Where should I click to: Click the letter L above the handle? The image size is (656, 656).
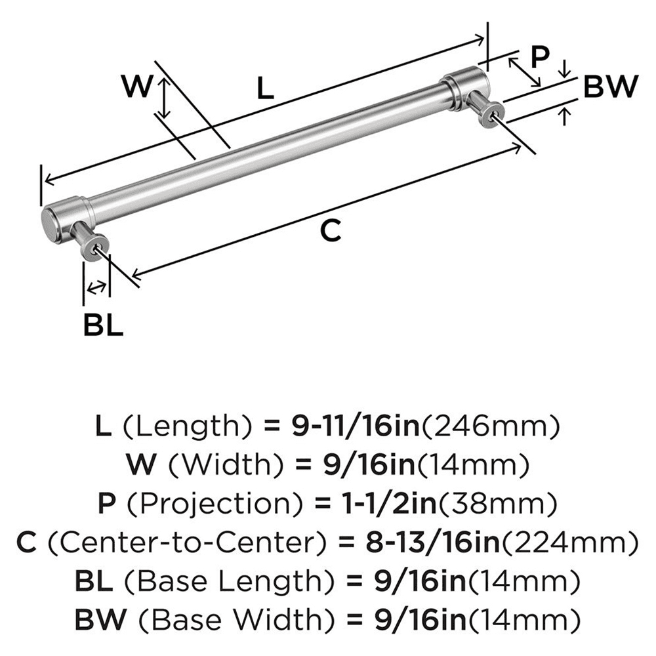click(264, 87)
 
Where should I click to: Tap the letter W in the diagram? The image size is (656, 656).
click(138, 86)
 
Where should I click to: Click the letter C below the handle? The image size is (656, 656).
click(332, 230)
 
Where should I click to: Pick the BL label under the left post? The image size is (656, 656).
click(103, 325)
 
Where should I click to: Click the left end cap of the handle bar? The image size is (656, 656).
click(51, 224)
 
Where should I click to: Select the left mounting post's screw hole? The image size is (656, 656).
click(98, 247)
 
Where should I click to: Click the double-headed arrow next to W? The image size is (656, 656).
click(165, 96)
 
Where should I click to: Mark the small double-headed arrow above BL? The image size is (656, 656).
click(96, 286)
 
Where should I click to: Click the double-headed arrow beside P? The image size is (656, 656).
click(525, 72)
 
